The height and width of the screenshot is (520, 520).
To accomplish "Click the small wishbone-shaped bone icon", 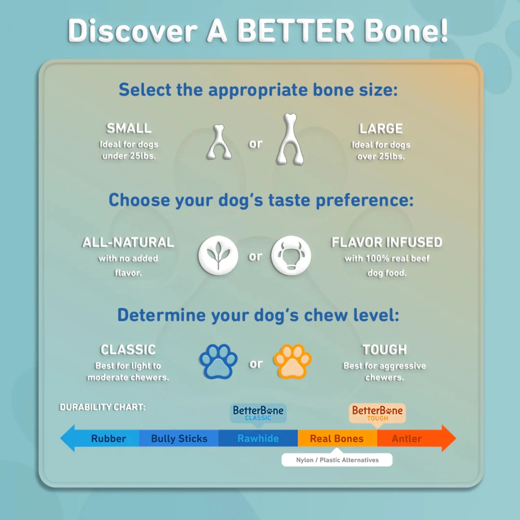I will tap(219, 143).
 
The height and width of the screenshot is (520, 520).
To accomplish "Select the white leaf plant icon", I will tap(218, 255).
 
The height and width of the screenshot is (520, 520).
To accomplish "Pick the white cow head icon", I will tap(291, 255).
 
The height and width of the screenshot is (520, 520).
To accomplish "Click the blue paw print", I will tap(218, 361).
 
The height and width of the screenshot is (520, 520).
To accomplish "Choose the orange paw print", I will tap(292, 361).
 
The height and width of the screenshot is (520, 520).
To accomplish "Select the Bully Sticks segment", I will tap(179, 439).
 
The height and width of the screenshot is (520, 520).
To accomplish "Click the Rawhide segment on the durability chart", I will tap(258, 439).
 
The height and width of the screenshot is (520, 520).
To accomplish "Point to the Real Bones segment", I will tap(337, 439).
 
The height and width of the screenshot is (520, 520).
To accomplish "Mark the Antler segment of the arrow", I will tap(407, 439).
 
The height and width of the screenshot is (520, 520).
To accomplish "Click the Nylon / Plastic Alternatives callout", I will tap(337, 460).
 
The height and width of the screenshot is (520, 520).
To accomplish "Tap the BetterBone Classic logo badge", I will tap(258, 413).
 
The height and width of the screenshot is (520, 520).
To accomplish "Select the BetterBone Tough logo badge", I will tap(377, 413).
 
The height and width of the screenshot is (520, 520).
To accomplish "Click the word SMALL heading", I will tap(129, 128).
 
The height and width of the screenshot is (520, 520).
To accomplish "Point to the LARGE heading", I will tap(381, 129).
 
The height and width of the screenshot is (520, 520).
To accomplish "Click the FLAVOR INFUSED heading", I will tap(387, 242).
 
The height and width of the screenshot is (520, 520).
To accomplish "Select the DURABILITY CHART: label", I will tap(102, 407).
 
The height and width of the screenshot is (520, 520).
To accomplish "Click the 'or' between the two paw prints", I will tap(256, 364).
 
